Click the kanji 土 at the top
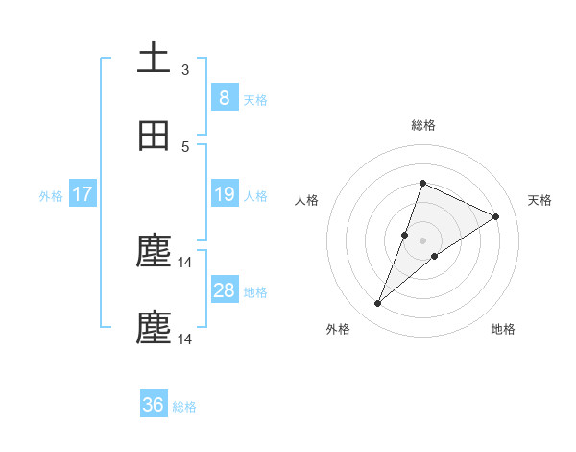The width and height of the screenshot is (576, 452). (154, 60)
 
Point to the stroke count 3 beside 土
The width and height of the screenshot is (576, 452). (185, 69)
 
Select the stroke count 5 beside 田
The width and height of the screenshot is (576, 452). (185, 146)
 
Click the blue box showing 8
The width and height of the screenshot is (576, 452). (224, 97)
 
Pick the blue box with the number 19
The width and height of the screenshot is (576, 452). (224, 194)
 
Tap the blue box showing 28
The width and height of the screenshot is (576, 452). (224, 290)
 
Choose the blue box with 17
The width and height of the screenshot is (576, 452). (83, 194)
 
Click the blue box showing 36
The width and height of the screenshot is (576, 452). (154, 405)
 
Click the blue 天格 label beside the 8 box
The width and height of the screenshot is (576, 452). (255, 99)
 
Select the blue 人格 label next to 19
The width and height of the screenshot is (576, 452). (255, 196)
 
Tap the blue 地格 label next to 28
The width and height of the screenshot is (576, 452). (255, 292)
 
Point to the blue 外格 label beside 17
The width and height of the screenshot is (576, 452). (51, 196)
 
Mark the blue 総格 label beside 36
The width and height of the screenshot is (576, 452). (184, 407)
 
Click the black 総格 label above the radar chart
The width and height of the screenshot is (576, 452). (422, 125)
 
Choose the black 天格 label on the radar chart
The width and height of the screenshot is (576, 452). (540, 200)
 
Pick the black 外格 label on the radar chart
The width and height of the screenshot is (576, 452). (338, 330)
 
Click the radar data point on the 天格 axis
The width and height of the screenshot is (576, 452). (495, 216)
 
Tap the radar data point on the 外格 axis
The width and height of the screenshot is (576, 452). (378, 304)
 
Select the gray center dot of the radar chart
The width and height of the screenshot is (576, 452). (422, 240)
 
